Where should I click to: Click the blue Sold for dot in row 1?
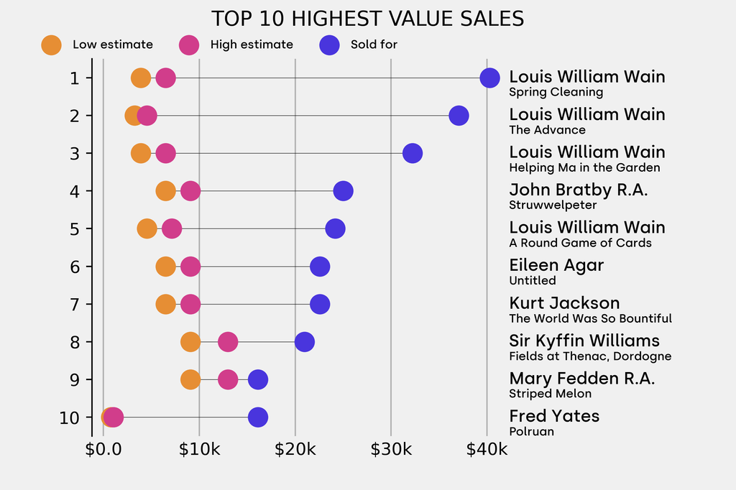(489, 78)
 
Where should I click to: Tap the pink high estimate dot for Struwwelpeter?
(190, 191)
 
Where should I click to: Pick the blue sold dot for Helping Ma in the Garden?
(412, 153)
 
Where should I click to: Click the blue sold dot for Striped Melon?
(257, 379)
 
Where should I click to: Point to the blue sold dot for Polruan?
(257, 417)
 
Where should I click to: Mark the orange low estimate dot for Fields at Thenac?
(190, 342)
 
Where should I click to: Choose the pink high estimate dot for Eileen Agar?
(190, 267)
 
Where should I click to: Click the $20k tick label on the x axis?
(295, 450)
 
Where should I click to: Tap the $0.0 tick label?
(103, 450)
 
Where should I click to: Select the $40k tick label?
(487, 450)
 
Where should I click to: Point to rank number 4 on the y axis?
(75, 191)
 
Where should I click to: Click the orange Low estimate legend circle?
(51, 45)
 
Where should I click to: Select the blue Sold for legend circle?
(328, 45)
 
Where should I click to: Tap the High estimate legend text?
(252, 45)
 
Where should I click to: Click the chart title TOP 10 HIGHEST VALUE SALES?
(367, 19)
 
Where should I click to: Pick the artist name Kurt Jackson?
(564, 302)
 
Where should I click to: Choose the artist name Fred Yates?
(554, 416)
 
